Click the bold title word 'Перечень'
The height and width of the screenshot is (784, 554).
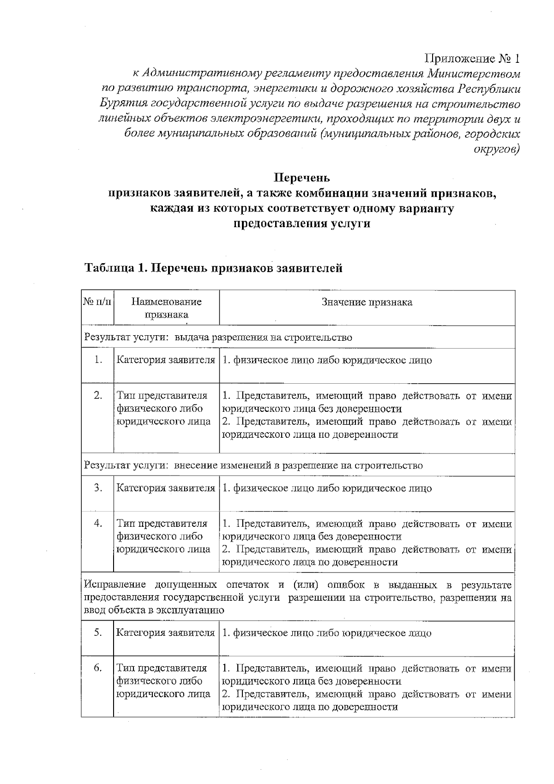click(x=302, y=178)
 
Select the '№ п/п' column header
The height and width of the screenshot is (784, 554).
click(x=97, y=302)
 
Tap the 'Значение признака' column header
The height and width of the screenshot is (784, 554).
click(x=367, y=302)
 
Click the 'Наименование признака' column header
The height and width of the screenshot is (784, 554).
click(x=166, y=308)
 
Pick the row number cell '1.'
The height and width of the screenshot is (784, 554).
click(x=98, y=360)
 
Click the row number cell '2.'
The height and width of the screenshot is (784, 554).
click(x=98, y=396)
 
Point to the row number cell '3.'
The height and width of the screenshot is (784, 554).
click(x=98, y=488)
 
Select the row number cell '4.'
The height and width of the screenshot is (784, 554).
click(x=98, y=524)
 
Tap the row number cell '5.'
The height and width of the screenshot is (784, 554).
click(x=98, y=633)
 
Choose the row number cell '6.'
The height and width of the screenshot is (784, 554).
click(x=98, y=668)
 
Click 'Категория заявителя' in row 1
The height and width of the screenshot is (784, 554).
click(x=166, y=360)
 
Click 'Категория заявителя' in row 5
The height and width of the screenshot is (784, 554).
click(x=166, y=633)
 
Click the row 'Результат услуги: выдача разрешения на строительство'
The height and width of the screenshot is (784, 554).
click(x=218, y=338)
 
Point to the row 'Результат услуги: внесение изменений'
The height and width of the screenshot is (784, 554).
click(x=253, y=465)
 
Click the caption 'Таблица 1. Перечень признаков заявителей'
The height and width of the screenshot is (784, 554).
click(x=213, y=268)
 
